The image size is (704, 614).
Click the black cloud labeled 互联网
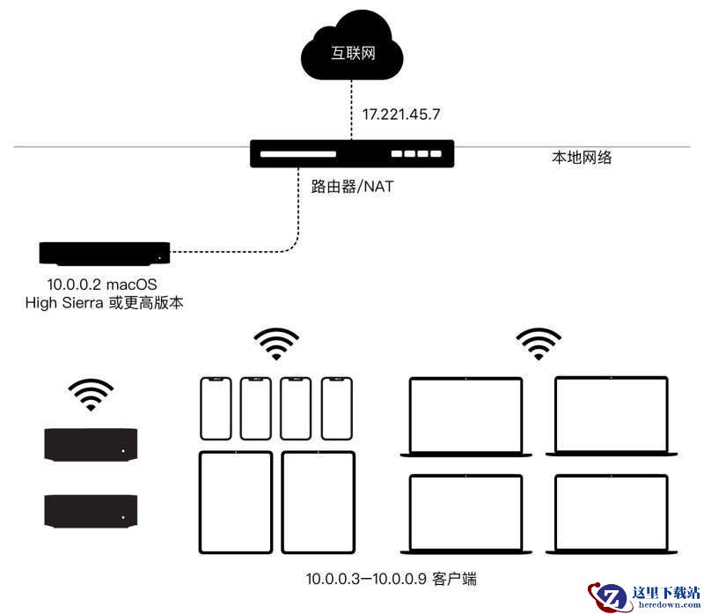point(352,48)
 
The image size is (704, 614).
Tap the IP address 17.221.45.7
point(401,115)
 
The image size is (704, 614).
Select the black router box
point(352,154)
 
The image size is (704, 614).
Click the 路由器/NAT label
point(352,186)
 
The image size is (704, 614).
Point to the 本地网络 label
point(582,158)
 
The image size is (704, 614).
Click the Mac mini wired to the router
point(105,254)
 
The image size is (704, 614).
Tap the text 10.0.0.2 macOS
point(102,284)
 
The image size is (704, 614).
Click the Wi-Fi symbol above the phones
point(276,344)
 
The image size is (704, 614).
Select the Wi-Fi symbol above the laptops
point(539,344)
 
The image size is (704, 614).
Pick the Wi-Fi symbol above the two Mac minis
point(92,395)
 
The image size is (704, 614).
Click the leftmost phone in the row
point(216,408)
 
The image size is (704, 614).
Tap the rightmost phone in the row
point(337,408)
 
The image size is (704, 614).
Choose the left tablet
point(236,502)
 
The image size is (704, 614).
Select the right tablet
point(319,502)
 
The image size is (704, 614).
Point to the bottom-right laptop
point(612,514)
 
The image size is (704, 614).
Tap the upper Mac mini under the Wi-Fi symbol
point(91,445)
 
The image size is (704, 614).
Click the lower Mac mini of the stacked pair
point(91,511)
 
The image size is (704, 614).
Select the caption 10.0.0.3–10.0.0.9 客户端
point(391,579)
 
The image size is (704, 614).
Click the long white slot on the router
point(298,154)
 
